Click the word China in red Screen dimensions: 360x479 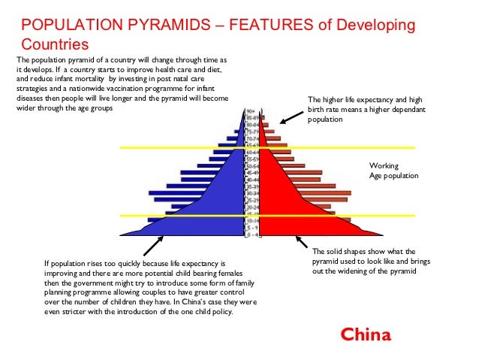366,334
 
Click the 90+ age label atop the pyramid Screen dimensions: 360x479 252,111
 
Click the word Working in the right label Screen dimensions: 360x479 384,166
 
